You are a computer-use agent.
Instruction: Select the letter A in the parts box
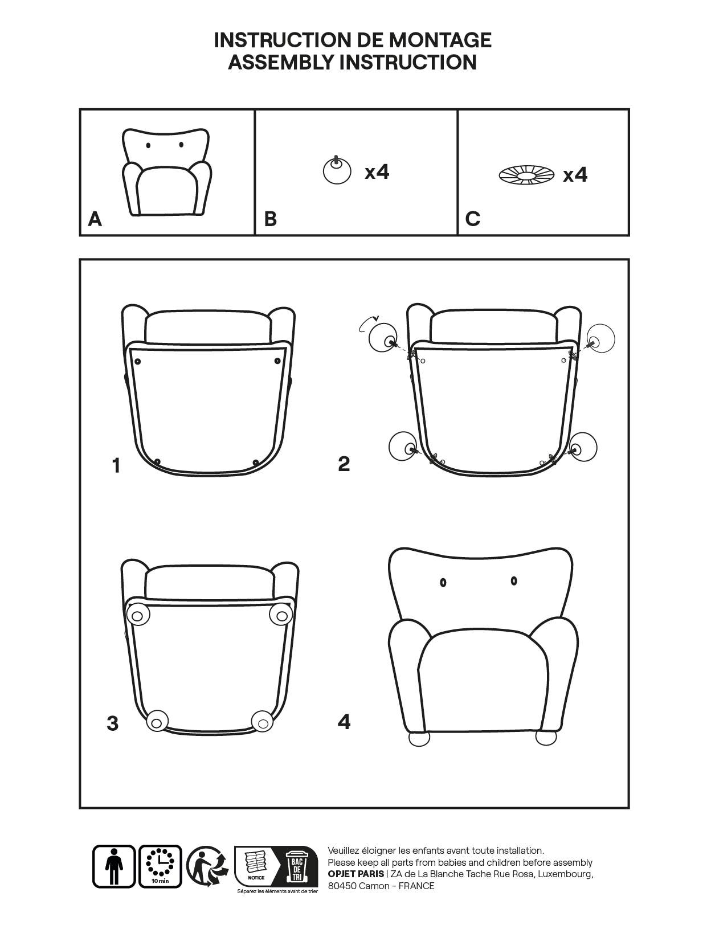pos(95,219)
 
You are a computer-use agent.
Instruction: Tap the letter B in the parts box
pos(271,219)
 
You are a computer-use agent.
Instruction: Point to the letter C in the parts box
pos(473,219)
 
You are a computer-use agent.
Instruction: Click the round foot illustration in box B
pos(337,170)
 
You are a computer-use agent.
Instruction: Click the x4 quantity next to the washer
pos(575,175)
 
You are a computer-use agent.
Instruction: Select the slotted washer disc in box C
pos(527,175)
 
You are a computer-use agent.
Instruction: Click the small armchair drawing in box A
pos(167,172)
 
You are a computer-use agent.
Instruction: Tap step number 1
pos(116,465)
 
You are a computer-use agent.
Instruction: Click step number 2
pos(344,464)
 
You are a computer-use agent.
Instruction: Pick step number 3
pos(113,723)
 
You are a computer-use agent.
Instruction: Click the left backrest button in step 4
pos(443,583)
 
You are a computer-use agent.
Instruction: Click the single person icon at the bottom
pos(114,866)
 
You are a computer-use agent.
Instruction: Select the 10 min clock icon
pos(160,866)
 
